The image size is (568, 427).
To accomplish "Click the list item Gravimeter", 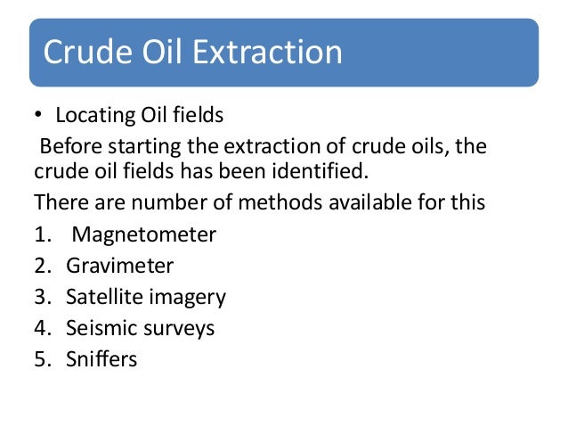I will (120, 266).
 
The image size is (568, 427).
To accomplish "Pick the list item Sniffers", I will (101, 359).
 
